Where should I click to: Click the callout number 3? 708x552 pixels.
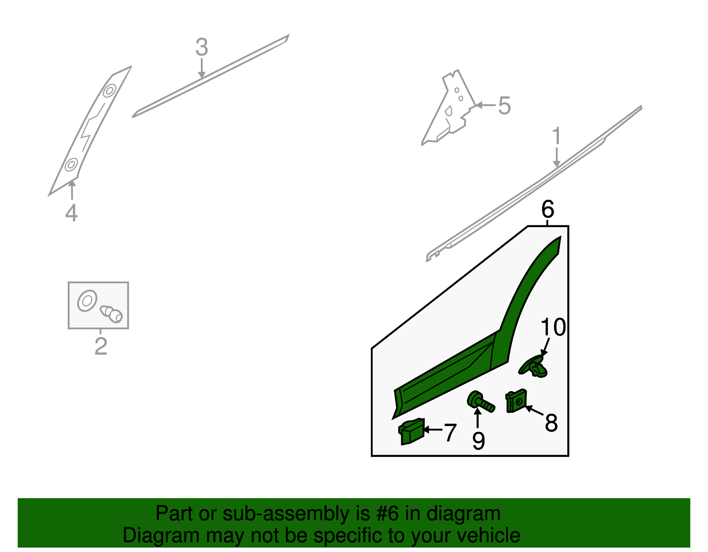(x=202, y=47)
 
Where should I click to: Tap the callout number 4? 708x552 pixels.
(x=71, y=213)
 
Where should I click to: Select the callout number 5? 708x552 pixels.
(x=504, y=106)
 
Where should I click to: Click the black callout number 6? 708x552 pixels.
(x=548, y=209)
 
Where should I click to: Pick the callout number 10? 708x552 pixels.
(x=553, y=327)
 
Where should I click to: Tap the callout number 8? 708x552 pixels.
(x=551, y=423)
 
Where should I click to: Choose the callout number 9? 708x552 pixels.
(x=479, y=441)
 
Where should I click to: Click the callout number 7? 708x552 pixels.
(x=450, y=432)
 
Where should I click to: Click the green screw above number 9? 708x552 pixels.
(x=481, y=402)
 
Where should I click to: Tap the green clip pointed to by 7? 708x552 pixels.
(x=412, y=431)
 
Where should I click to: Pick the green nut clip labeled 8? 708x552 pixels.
(x=516, y=401)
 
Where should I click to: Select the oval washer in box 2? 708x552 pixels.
(x=87, y=301)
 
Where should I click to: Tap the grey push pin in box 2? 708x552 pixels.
(x=111, y=314)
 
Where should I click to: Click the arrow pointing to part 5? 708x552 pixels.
(x=485, y=105)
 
